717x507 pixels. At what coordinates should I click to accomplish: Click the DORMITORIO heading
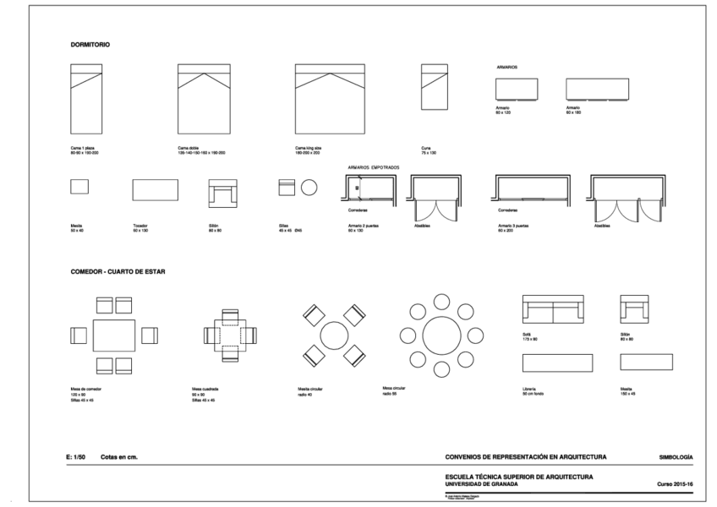point(90,44)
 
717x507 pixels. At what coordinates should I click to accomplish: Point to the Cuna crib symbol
point(435,87)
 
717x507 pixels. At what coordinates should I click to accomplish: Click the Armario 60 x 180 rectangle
point(597,89)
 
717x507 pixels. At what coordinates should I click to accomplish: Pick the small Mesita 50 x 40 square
point(79,187)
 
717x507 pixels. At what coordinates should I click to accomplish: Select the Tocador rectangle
point(155,189)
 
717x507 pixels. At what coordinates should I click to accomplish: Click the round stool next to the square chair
point(309,187)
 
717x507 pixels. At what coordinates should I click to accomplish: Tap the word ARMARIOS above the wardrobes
point(507,66)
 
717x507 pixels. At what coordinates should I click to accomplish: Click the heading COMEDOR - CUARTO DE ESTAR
point(118,272)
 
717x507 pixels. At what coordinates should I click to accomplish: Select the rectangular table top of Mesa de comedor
point(114,335)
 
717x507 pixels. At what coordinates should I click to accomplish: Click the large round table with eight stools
point(441,335)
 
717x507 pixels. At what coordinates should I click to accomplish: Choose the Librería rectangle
point(557,363)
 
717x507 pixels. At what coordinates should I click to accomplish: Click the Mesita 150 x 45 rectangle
point(646,362)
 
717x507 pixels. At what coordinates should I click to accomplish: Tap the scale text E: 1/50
point(75,456)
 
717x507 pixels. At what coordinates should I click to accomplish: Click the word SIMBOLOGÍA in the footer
point(676,456)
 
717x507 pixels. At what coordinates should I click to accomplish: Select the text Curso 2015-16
point(675,484)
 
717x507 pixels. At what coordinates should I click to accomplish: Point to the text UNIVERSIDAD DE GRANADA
point(481,484)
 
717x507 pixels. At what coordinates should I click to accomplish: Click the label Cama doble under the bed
point(188,148)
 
